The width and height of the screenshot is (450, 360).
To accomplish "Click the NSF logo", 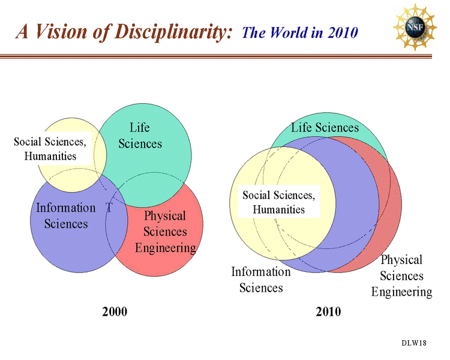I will click(x=415, y=27).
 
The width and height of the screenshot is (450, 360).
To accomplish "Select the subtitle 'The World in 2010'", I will click(x=299, y=32).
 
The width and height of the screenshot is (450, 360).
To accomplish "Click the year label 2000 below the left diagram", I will click(x=115, y=311).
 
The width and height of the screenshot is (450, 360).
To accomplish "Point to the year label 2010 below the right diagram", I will click(x=328, y=311).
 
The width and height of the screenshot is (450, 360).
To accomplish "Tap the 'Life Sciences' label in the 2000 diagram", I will click(x=140, y=136).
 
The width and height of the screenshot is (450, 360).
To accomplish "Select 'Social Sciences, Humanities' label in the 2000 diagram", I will click(x=50, y=149).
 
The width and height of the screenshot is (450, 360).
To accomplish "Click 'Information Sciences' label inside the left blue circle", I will click(x=66, y=215).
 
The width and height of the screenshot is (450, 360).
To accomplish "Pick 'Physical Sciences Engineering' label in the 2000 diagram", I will click(x=165, y=232).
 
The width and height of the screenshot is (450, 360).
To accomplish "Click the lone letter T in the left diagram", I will click(x=109, y=208).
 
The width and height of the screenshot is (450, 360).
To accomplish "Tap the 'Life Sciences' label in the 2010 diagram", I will click(x=325, y=127).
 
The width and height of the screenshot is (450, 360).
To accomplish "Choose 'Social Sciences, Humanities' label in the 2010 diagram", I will click(x=278, y=202).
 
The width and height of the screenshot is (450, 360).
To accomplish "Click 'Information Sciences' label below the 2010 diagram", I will click(x=261, y=280).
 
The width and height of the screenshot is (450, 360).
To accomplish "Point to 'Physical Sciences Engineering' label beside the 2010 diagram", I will click(x=401, y=276).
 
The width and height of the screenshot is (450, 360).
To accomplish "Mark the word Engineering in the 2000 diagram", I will click(x=165, y=247).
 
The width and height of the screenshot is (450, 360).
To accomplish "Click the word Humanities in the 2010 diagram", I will click(x=278, y=209).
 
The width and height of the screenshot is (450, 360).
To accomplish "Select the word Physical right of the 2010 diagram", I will click(x=401, y=260).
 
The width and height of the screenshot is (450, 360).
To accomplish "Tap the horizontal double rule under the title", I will click(x=225, y=56).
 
